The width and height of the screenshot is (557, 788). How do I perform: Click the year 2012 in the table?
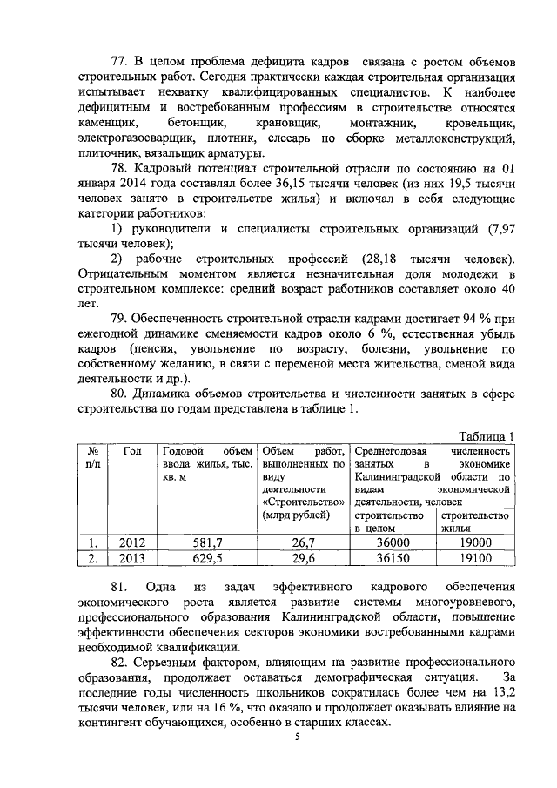pyautogui.click(x=132, y=542)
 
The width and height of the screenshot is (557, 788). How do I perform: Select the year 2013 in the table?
pyautogui.click(x=132, y=558)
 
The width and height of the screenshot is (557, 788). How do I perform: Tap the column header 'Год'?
pyautogui.click(x=132, y=451)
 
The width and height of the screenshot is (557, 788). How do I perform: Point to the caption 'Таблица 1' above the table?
pyautogui.click(x=486, y=437)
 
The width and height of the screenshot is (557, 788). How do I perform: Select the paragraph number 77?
pyautogui.click(x=122, y=64)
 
